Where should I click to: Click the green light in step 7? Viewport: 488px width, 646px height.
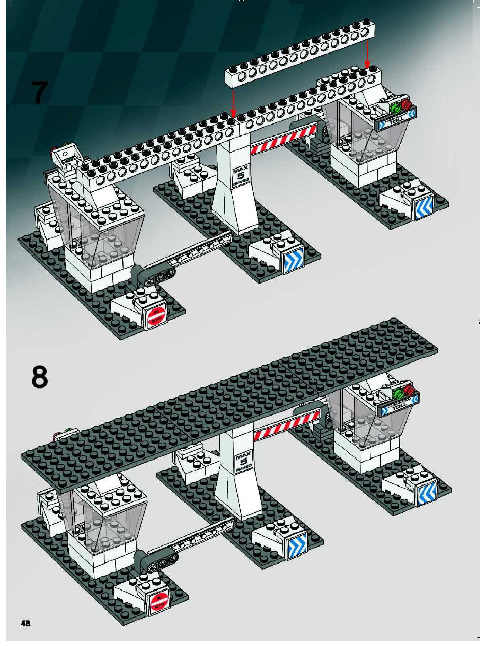pyautogui.click(x=396, y=108)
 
